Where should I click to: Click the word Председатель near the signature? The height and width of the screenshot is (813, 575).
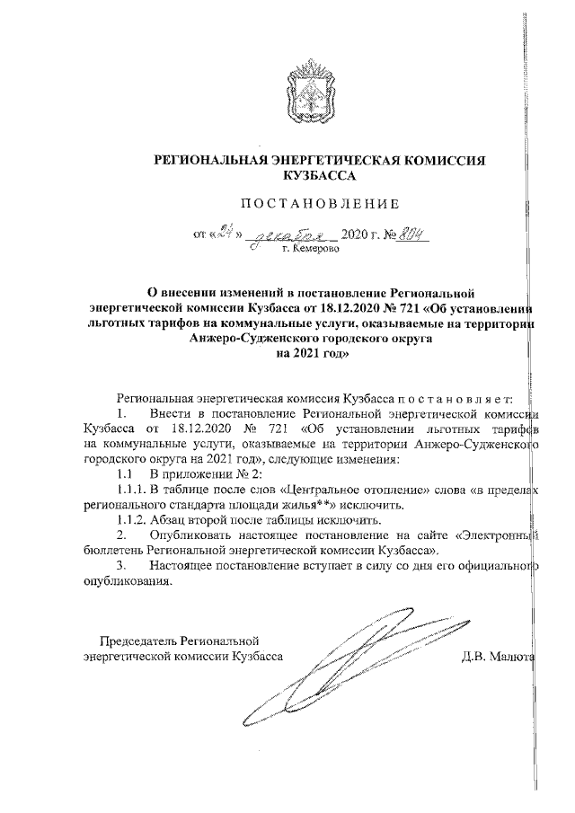click(x=138, y=641)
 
